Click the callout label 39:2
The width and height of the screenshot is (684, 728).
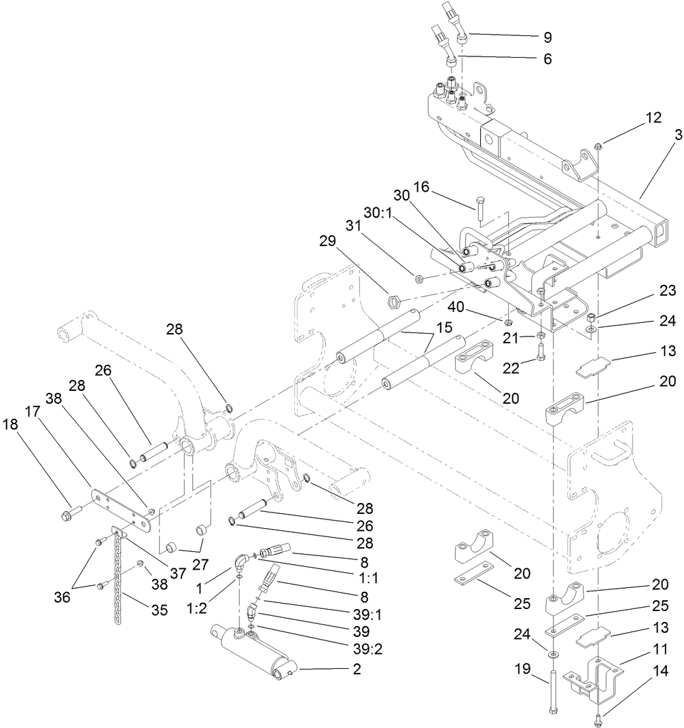coord(366,648)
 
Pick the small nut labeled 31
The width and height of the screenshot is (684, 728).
coord(418,277)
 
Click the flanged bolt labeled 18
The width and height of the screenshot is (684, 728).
coord(72,510)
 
